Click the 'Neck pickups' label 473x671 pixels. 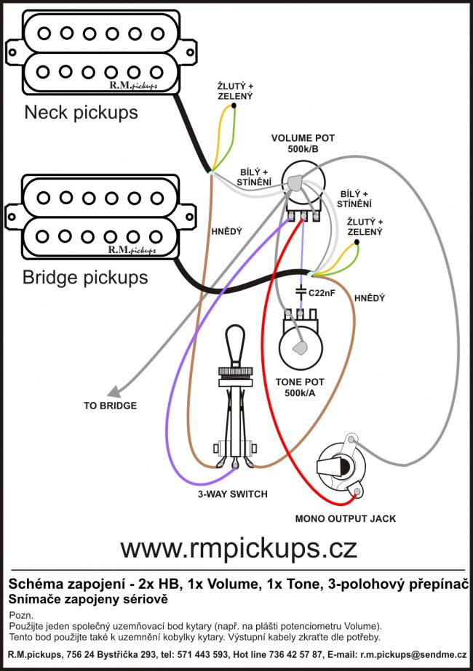tap(81, 113)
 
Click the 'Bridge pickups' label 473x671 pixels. tap(85, 277)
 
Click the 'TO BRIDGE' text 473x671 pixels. tap(110, 406)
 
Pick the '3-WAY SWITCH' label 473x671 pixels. tap(233, 494)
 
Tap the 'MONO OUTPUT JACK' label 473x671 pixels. tap(345, 518)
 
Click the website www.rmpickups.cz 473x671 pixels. tap(238, 546)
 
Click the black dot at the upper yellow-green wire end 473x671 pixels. tap(234, 107)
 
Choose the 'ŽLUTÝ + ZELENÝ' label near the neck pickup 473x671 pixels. tap(235, 91)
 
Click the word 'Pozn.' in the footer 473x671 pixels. tap(20, 615)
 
